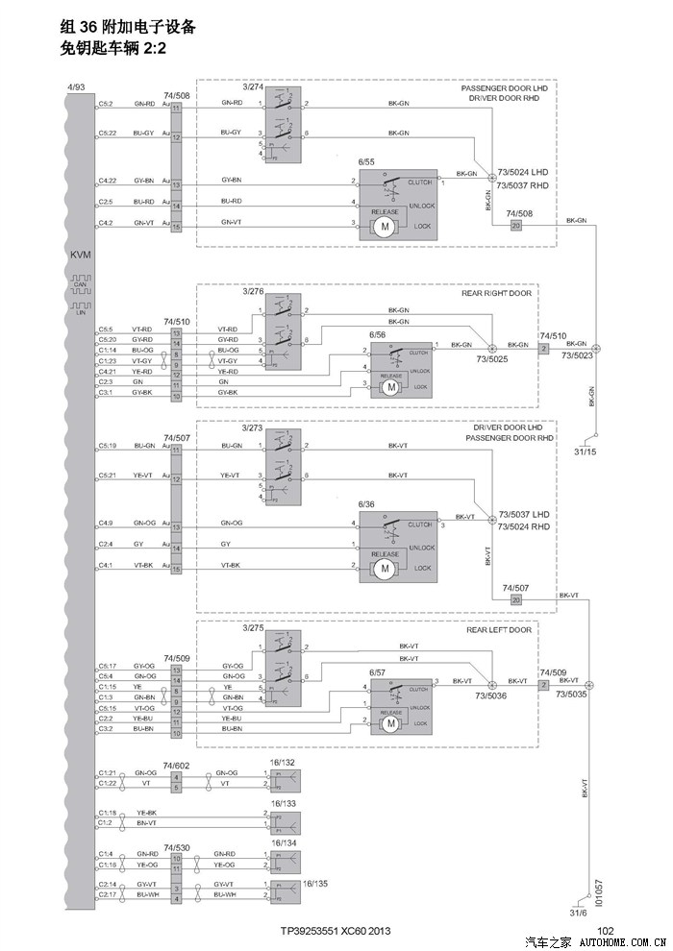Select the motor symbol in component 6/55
coord(385,227)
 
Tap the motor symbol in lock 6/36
coord(385,569)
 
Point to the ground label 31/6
coord(578,914)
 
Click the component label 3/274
coord(253,86)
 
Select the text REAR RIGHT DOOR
coord(496,293)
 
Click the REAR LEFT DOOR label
coord(499,630)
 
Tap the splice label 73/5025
coord(492,358)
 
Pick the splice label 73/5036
coord(492,695)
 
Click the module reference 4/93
coord(76,87)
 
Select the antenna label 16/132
coord(283,761)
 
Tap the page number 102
coord(606,931)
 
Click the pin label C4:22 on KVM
coord(107,181)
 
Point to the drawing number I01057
coord(598,892)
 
